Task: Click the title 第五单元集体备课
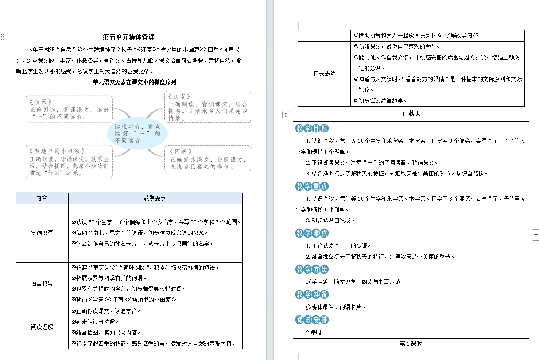(128, 37)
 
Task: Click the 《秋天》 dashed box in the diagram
(68, 109)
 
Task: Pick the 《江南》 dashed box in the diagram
(207, 107)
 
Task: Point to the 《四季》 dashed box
(207, 159)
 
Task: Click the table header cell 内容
(42, 198)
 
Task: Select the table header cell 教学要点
(155, 198)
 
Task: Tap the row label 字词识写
(42, 233)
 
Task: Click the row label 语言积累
(42, 284)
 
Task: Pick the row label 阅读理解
(42, 327)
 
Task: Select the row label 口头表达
(324, 74)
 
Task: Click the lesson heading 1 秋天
(411, 114)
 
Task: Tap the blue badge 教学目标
(312, 128)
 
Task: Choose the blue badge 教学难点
(312, 233)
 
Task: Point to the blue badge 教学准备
(312, 294)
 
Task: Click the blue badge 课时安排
(312, 320)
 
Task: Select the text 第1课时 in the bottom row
(411, 343)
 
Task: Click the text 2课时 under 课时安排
(314, 332)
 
